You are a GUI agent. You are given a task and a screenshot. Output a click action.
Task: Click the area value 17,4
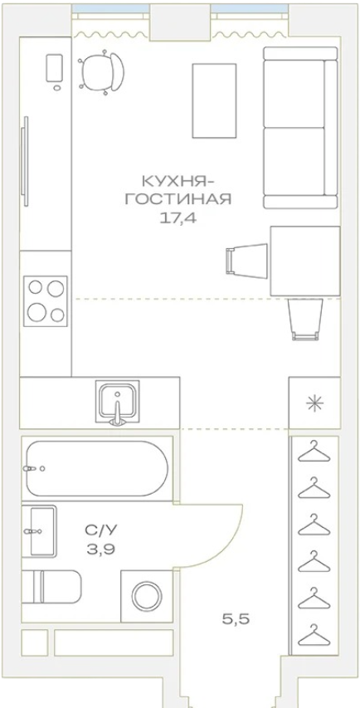[179, 218]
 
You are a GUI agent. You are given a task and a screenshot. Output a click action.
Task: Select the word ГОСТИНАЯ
[178, 199]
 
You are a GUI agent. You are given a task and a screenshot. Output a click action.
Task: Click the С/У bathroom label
[101, 530]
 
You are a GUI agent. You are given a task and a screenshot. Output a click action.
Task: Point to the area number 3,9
[101, 549]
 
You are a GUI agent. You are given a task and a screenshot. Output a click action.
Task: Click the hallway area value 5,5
[236, 619]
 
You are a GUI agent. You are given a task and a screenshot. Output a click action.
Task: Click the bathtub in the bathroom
[97, 469]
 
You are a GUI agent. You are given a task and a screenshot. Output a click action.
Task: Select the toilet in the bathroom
[51, 587]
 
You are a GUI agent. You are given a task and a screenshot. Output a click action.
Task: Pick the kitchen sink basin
[117, 401]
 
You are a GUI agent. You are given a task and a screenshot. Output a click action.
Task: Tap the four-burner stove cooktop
[46, 301]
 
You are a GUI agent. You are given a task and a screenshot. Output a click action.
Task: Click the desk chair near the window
[101, 72]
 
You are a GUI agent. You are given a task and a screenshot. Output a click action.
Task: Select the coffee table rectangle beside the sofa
[214, 100]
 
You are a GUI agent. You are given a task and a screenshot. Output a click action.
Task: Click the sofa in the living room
[301, 128]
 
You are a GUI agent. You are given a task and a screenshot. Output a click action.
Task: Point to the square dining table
[305, 261]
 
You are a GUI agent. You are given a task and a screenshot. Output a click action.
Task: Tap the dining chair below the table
[305, 319]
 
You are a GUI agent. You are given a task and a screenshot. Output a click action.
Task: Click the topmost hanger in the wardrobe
[314, 452]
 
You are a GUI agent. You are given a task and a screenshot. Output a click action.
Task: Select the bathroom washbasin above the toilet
[40, 531]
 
